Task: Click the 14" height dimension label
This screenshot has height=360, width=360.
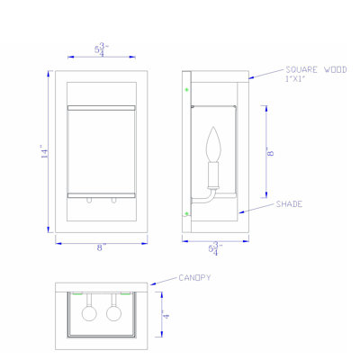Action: [44, 152]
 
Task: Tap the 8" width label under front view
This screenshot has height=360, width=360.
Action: [101, 247]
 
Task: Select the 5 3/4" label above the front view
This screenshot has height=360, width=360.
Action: [101, 49]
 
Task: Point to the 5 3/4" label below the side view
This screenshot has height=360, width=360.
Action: [216, 248]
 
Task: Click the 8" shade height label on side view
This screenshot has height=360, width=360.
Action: [270, 152]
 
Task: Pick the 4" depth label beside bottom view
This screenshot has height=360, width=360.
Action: [166, 315]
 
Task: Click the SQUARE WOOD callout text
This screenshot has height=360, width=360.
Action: [316, 70]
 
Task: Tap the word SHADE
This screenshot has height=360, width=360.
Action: [289, 204]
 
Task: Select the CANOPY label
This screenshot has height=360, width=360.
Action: [194, 278]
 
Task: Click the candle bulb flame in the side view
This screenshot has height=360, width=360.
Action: [213, 144]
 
